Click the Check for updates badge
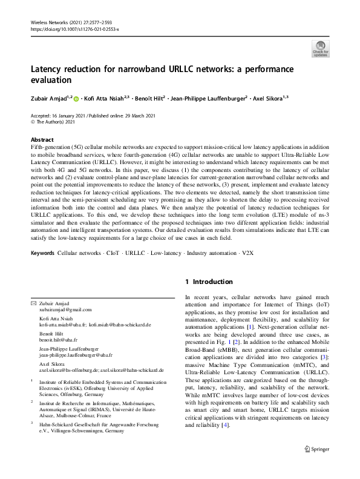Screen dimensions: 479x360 321,48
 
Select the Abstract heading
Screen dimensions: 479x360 42,139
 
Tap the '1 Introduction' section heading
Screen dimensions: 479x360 209,282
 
